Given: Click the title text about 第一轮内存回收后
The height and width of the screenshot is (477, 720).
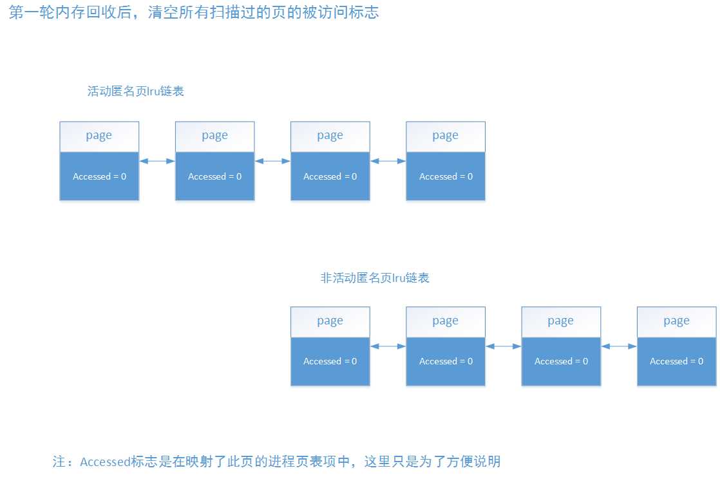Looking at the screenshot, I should coord(193,12).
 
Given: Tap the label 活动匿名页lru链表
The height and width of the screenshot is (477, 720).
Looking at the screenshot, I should coord(136,91).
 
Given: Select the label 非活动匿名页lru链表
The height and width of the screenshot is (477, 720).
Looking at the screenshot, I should coord(375,278).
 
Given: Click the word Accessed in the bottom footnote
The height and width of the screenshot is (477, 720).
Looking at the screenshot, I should coord(105,462).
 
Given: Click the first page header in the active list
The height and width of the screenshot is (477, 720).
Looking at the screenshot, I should coord(99,136).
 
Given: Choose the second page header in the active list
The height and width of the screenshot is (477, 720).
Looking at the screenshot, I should coord(214,136).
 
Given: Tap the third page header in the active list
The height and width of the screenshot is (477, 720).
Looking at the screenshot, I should coord(330,136).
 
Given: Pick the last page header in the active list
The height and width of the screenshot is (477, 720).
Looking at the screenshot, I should coord(445,136).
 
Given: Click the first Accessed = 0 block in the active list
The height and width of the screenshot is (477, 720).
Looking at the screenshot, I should coord(99,176).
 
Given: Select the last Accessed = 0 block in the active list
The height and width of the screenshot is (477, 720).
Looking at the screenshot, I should coord(445,176).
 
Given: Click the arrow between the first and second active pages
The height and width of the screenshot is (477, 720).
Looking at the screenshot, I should coord(157,161).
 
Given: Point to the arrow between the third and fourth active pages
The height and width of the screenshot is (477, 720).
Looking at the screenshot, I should coord(388,161).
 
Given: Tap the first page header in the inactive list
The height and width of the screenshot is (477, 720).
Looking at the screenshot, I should coord(330,321).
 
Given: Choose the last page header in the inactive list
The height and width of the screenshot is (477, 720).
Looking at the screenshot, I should coord(676,321).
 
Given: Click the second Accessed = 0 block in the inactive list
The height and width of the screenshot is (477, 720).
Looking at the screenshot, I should coord(445,362).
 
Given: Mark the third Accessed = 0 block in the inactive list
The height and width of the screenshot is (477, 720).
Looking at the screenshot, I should coord(560,362).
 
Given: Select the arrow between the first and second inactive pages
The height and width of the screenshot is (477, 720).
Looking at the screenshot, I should coord(388,346).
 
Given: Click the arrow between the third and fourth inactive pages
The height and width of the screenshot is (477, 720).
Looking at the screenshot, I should coord(619,346).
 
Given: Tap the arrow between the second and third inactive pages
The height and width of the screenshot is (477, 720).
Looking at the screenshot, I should coord(503,346).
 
